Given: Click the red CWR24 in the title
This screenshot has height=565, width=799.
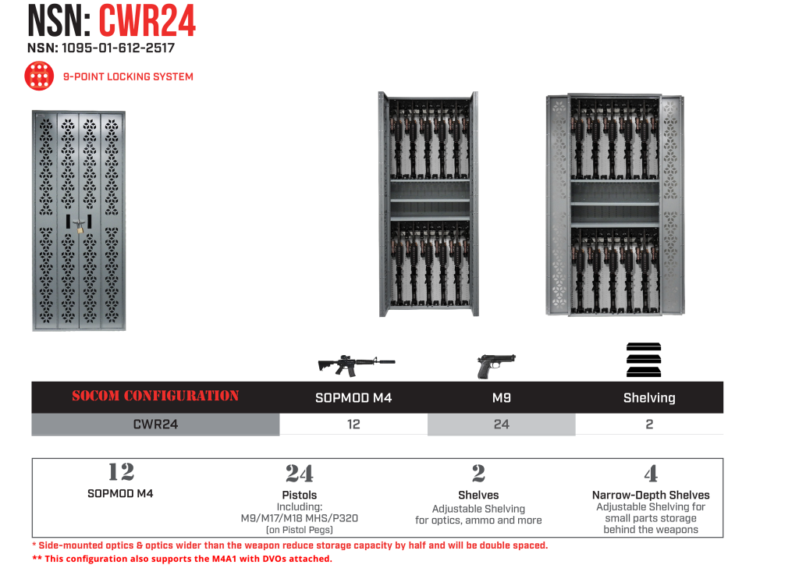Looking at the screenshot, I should point(147,21).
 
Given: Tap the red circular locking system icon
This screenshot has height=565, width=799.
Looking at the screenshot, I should point(39,76).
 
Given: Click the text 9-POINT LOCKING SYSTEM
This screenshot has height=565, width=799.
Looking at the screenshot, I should point(128,77).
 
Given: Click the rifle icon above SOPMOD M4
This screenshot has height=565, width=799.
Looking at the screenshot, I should point(356,363).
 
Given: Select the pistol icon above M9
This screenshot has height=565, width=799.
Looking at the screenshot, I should point(496,364).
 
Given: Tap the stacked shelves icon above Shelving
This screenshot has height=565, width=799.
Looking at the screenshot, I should point(644,361).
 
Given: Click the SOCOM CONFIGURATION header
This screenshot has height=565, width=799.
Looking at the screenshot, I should point(155,396).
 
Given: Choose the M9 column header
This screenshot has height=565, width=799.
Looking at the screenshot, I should point(501,398).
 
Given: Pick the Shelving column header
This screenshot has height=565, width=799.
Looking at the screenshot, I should point(648,398).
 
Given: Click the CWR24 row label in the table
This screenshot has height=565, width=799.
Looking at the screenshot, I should point(155,425).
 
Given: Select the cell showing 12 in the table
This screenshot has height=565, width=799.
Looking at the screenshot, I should point(353,425).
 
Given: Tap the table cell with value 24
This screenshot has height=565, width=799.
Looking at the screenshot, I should point(501,425).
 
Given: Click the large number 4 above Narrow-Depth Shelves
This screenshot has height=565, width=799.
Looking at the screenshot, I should point(651,474).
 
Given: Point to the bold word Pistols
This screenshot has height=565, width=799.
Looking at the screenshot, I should point(299,495).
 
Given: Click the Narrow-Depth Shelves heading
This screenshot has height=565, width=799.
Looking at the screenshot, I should point(651,495).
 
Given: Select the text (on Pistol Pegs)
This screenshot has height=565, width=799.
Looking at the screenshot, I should point(299,531).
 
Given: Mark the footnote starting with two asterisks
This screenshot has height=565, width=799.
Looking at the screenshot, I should point(182,559).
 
